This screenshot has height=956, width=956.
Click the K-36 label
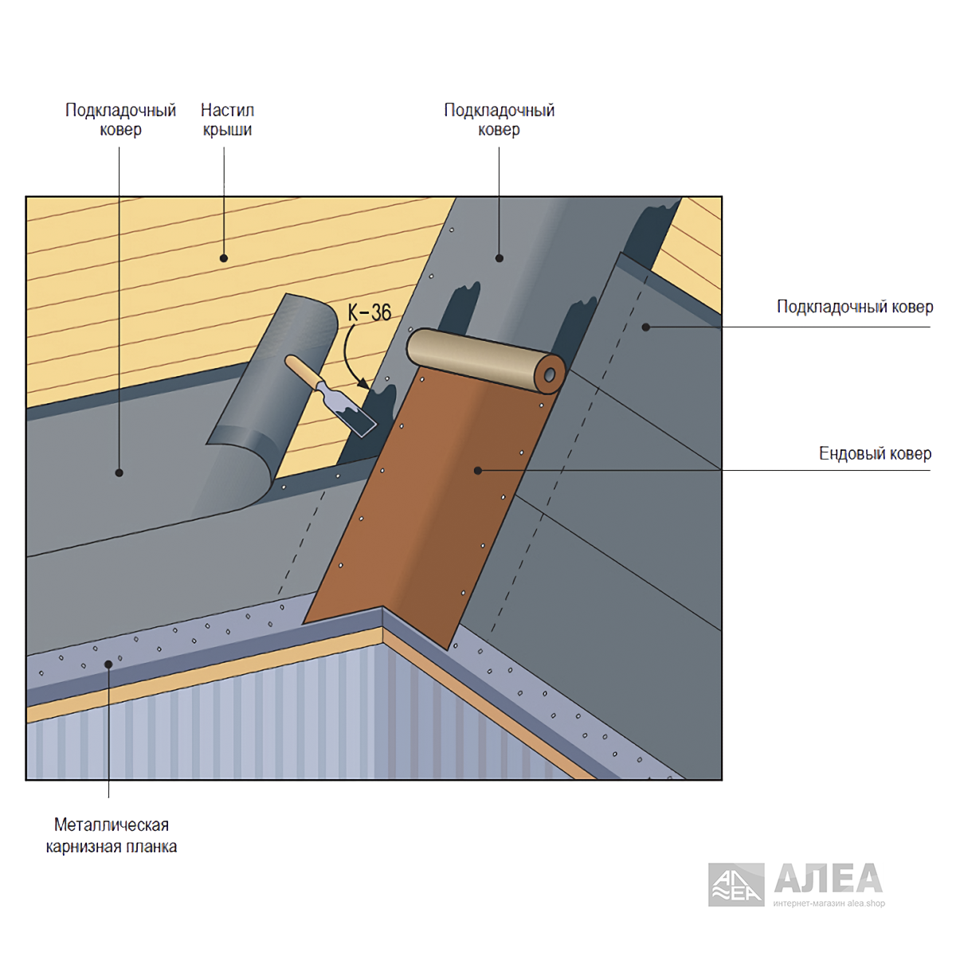[x=369, y=312]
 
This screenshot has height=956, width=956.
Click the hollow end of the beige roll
[x=550, y=374]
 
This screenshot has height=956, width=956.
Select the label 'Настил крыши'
[x=227, y=119]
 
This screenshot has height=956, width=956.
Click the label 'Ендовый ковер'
[x=875, y=453]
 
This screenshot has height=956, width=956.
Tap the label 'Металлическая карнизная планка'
[x=111, y=836]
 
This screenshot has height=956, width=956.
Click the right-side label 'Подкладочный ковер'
[x=855, y=307]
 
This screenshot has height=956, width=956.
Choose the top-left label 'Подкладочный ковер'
[x=120, y=119]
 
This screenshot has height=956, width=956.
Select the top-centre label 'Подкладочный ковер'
[x=499, y=119]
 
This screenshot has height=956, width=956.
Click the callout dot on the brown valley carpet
[x=478, y=470]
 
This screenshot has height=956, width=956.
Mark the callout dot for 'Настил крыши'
[x=224, y=258]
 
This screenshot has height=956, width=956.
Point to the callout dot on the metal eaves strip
[x=108, y=664]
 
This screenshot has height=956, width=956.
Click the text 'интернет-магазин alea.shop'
[x=829, y=903]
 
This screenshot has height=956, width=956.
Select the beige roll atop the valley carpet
[x=486, y=360]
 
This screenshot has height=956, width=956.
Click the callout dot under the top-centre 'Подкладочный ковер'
[x=500, y=258]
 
